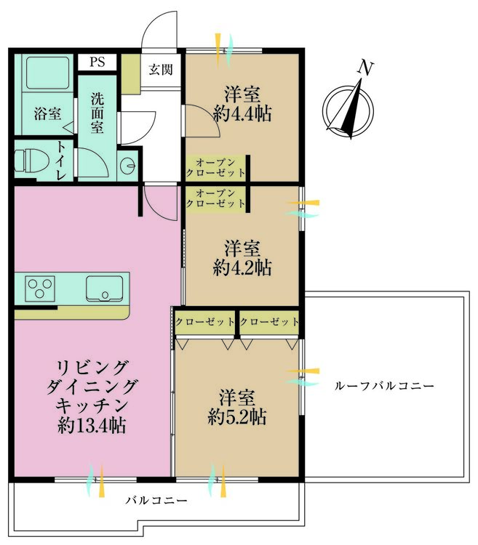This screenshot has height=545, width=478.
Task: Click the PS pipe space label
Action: [x=97, y=62]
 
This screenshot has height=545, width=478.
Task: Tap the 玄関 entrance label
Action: [x=160, y=70]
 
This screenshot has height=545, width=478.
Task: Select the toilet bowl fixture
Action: [x=31, y=161]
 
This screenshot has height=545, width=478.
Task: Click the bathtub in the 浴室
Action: [x=47, y=73]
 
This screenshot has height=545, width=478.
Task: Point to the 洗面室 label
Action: [x=97, y=113]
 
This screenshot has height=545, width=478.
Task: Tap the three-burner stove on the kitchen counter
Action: [x=41, y=288]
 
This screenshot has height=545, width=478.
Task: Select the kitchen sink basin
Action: [x=104, y=288]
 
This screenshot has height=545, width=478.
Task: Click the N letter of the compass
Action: [x=365, y=68]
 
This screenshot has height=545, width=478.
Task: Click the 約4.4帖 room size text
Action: [x=242, y=113]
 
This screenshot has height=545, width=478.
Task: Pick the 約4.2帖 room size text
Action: [x=242, y=267]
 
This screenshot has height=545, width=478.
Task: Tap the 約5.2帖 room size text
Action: [x=237, y=416]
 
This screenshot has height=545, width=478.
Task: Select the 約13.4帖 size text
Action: [x=92, y=425]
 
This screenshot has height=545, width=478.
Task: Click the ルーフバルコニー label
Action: [x=384, y=386]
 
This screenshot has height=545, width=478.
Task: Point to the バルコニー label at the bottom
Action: [x=156, y=500]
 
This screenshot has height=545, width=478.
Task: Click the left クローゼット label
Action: [x=205, y=322]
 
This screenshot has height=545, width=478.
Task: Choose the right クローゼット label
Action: [x=269, y=322]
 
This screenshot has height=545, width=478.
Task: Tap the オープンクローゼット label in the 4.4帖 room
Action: [x=215, y=168]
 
